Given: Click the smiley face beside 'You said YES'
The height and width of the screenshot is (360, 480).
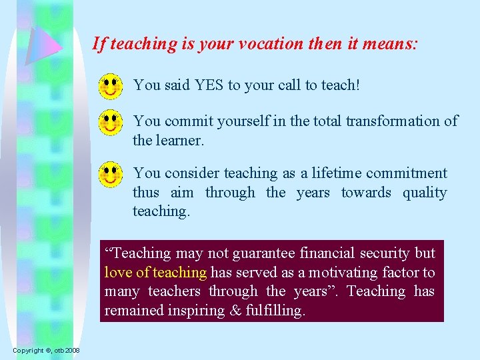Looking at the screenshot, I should [111, 86].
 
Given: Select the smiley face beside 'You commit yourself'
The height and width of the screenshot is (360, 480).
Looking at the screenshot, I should [111, 123].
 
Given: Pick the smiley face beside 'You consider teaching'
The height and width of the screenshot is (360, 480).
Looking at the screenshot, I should [111, 175].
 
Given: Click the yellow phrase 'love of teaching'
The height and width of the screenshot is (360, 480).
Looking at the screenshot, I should [155, 272].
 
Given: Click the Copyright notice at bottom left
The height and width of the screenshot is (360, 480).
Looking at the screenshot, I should [45, 351].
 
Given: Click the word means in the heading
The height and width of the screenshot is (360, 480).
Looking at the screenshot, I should [392, 44].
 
